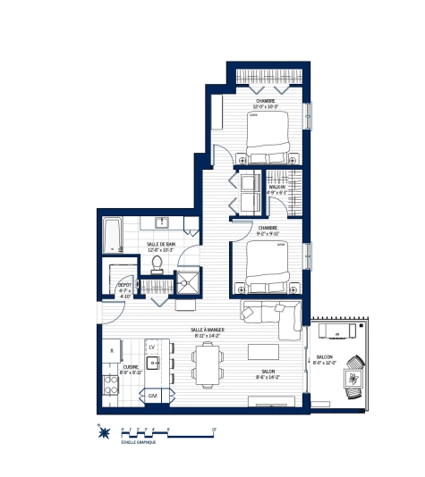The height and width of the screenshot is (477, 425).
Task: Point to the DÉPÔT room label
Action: (x=126, y=285)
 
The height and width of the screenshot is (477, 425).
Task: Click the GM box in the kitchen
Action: (x=153, y=395)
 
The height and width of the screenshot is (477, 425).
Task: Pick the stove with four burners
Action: (x=112, y=385)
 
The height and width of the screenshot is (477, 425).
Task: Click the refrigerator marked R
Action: (x=111, y=350)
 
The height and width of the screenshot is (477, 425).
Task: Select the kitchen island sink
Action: (x=153, y=364)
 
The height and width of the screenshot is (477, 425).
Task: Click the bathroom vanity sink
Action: (x=163, y=222)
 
